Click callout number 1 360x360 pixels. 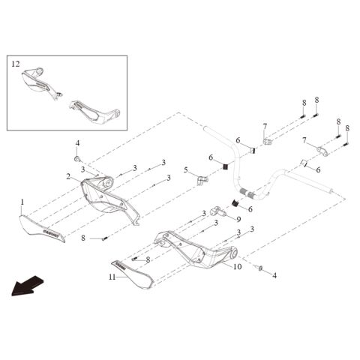click(22, 202)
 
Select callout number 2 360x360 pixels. click(67, 177)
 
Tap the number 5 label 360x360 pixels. click(185, 170)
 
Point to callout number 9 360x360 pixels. click(238, 220)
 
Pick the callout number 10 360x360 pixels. click(236, 265)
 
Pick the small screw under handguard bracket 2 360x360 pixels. click(106, 238)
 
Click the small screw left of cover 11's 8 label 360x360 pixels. click(134, 259)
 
